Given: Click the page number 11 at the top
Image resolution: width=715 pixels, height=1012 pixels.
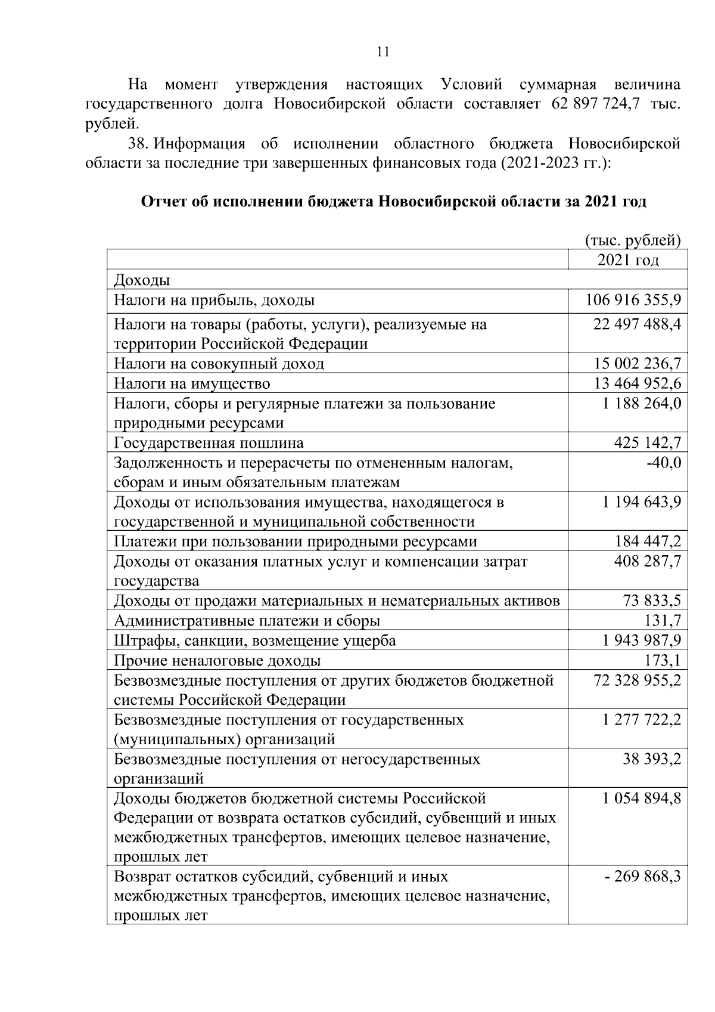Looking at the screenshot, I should pos(383,52).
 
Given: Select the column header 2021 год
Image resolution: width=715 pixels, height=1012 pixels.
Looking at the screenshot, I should pos(628,260).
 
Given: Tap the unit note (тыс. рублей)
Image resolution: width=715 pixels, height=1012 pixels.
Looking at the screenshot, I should pos(632,240).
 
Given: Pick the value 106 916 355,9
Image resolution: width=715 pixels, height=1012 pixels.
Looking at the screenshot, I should pos(633,300).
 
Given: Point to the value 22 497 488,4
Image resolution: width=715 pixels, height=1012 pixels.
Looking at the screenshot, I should pos(637,324).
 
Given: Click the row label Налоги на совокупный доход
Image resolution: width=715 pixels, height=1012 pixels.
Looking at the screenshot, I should pos(219,364).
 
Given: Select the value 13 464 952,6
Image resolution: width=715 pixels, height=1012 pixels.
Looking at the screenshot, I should pos(637,383).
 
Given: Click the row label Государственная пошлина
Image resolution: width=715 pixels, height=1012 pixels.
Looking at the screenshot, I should pos(209,443).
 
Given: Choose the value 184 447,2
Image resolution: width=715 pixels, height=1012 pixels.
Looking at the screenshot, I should pos(648,541).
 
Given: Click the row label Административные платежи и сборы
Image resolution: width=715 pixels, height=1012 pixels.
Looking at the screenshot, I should pos(247,621).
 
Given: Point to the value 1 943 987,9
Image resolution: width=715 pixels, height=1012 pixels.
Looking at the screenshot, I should pos(641,640).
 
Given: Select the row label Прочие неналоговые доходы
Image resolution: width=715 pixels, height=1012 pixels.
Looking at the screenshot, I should pos(217,661).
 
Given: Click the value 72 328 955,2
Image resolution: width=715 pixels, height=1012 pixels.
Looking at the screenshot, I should pos(637,680).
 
